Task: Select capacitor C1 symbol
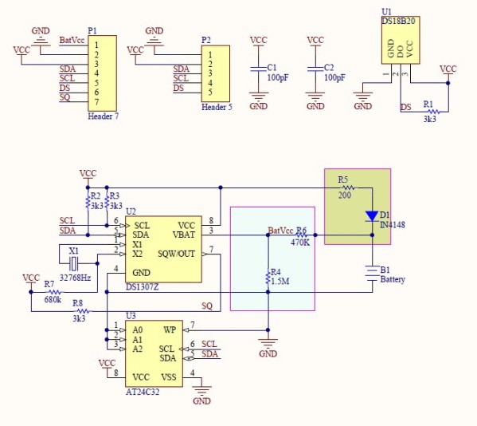click(258, 70)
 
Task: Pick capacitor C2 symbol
click(315, 70)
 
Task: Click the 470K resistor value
click(300, 243)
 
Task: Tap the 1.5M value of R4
click(281, 282)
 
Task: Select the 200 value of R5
click(344, 195)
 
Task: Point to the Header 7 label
click(104, 116)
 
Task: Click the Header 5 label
click(217, 106)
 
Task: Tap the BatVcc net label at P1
click(72, 40)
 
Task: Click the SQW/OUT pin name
click(177, 254)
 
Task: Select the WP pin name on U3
click(169, 329)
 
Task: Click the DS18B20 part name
click(397, 22)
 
